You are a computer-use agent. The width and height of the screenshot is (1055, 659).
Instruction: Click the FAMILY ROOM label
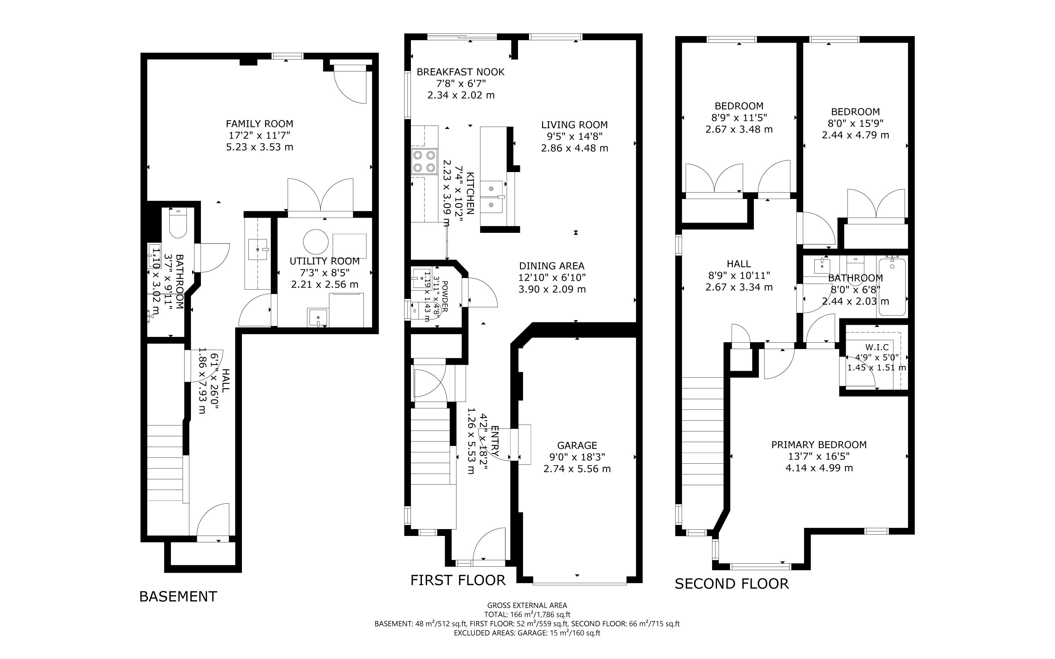[x=259, y=124]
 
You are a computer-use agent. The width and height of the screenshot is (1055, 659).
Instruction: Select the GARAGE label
[x=577, y=446]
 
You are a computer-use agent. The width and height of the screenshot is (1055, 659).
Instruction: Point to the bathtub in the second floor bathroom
[x=892, y=287]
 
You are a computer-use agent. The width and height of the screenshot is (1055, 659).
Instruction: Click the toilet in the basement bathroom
[x=178, y=223]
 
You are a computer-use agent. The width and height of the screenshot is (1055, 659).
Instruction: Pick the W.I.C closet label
[x=877, y=348]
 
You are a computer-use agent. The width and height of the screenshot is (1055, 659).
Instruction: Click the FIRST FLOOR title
[x=458, y=580]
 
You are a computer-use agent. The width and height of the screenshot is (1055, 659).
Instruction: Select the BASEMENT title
[x=178, y=597]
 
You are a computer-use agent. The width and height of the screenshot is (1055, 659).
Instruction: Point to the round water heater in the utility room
[x=316, y=242]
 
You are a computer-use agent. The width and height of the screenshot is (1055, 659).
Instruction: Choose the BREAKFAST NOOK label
[x=461, y=72]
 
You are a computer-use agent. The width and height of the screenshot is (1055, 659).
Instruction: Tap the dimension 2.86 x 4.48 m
[x=574, y=148]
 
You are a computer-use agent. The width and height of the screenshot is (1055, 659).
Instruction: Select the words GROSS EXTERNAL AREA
[x=527, y=605]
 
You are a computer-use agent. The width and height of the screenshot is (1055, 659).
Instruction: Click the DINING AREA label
[x=552, y=266]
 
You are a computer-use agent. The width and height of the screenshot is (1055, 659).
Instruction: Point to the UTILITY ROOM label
[x=325, y=261]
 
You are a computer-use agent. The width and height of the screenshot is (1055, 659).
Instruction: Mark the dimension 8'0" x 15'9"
[x=855, y=123]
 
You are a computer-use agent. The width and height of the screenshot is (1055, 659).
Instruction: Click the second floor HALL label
[x=739, y=264]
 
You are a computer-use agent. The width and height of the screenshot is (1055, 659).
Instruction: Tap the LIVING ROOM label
[x=574, y=125]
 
